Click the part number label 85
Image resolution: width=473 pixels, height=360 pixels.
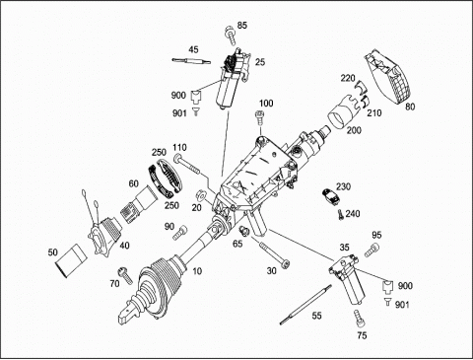click(242, 26)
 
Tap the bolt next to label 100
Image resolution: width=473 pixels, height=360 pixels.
click(259, 117)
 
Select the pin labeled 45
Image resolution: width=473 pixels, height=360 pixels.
click(191, 60)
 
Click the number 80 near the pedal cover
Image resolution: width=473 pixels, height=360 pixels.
click(410, 107)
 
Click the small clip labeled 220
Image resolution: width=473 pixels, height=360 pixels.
click(362, 86)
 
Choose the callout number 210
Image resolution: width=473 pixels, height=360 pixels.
click(374, 113)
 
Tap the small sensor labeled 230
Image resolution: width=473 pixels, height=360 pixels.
click(331, 196)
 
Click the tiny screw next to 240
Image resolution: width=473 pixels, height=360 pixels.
click(340, 215)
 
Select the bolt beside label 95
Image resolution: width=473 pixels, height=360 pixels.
click(372, 251)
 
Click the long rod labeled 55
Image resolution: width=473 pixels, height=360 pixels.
click(305, 305)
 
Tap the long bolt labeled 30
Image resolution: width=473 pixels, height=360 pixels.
click(274, 253)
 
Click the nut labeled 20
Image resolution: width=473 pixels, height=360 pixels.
click(199, 195)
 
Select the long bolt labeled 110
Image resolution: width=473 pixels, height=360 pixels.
click(187, 164)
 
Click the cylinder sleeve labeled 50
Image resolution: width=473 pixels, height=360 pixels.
click(71, 260)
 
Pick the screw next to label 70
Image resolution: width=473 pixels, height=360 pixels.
click(125, 276)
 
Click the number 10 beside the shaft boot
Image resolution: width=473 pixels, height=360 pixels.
click(197, 271)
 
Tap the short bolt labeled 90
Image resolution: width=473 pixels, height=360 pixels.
click(181, 233)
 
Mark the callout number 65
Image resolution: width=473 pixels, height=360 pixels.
click(237, 244)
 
